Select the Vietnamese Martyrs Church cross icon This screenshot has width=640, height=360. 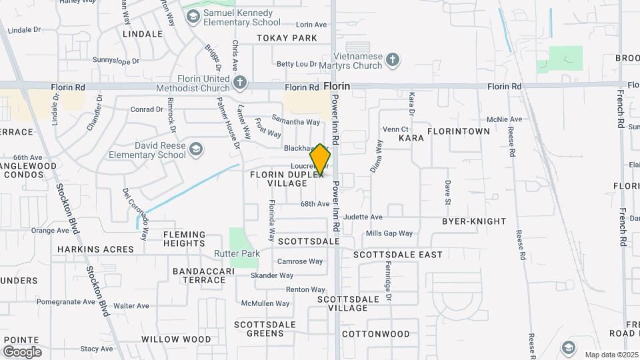coord(393,60)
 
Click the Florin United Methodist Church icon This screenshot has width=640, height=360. coord(240,83)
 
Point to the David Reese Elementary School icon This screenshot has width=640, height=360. coord(196,149)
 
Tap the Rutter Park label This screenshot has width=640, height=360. coord(237,254)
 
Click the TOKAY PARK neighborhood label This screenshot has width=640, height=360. coord(287,38)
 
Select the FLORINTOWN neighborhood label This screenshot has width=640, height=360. coord(458,131)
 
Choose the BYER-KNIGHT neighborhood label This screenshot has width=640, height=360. coord(474,221)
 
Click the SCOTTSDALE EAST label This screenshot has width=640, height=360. coord(398,255)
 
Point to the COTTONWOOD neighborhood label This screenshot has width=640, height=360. coord(376,333)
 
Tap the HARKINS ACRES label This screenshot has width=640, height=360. coord(95,249)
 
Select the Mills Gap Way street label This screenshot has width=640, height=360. coord(389,234)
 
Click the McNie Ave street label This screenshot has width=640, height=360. coord(505,119)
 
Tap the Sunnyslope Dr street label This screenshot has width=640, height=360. coord(116,61)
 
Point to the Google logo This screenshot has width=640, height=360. coord(22,351)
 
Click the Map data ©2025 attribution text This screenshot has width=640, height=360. coord(611,355)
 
